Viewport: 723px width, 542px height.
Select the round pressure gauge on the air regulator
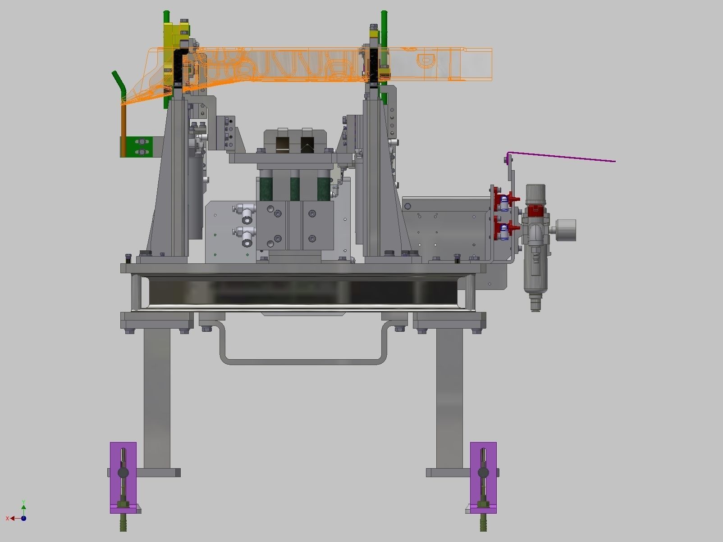click(x=566, y=230)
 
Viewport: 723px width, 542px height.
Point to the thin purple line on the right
click(x=563, y=157)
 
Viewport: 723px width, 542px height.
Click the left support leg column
click(x=157, y=396)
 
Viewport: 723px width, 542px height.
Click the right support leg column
click(x=449, y=396)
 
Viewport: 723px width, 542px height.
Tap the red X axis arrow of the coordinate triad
click(x=10, y=519)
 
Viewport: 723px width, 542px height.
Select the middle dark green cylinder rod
click(x=295, y=187)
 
